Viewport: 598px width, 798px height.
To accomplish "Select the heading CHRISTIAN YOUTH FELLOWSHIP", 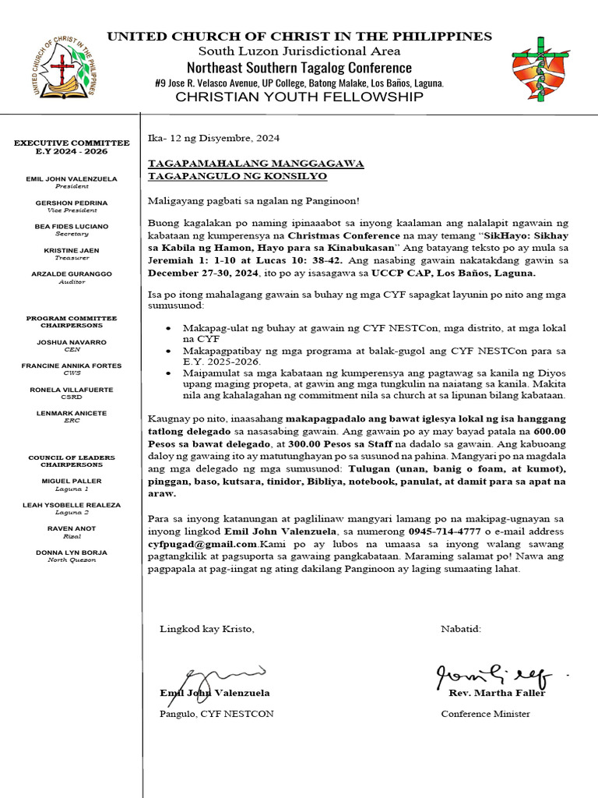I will coord(299,97).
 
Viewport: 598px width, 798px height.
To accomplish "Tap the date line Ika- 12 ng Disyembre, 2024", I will coord(213,138).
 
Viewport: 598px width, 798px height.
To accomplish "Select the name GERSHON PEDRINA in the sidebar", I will coord(72,203).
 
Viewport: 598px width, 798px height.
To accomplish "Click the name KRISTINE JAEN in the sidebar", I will coord(72,250).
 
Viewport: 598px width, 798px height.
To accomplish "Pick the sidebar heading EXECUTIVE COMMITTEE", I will coord(72,143).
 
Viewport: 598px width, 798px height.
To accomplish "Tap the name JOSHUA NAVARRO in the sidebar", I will coord(72,342).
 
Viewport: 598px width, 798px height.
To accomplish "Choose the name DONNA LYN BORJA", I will coord(72,552).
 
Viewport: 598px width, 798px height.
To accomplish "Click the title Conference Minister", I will coord(485,714).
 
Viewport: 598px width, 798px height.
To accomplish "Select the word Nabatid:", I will coord(461,628).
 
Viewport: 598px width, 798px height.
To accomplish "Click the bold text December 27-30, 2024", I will coord(215,274).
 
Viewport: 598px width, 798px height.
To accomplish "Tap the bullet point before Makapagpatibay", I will coord(169,351).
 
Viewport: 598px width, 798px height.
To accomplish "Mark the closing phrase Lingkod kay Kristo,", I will coord(206,628).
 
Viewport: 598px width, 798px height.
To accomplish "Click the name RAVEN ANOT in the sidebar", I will coord(72,528).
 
